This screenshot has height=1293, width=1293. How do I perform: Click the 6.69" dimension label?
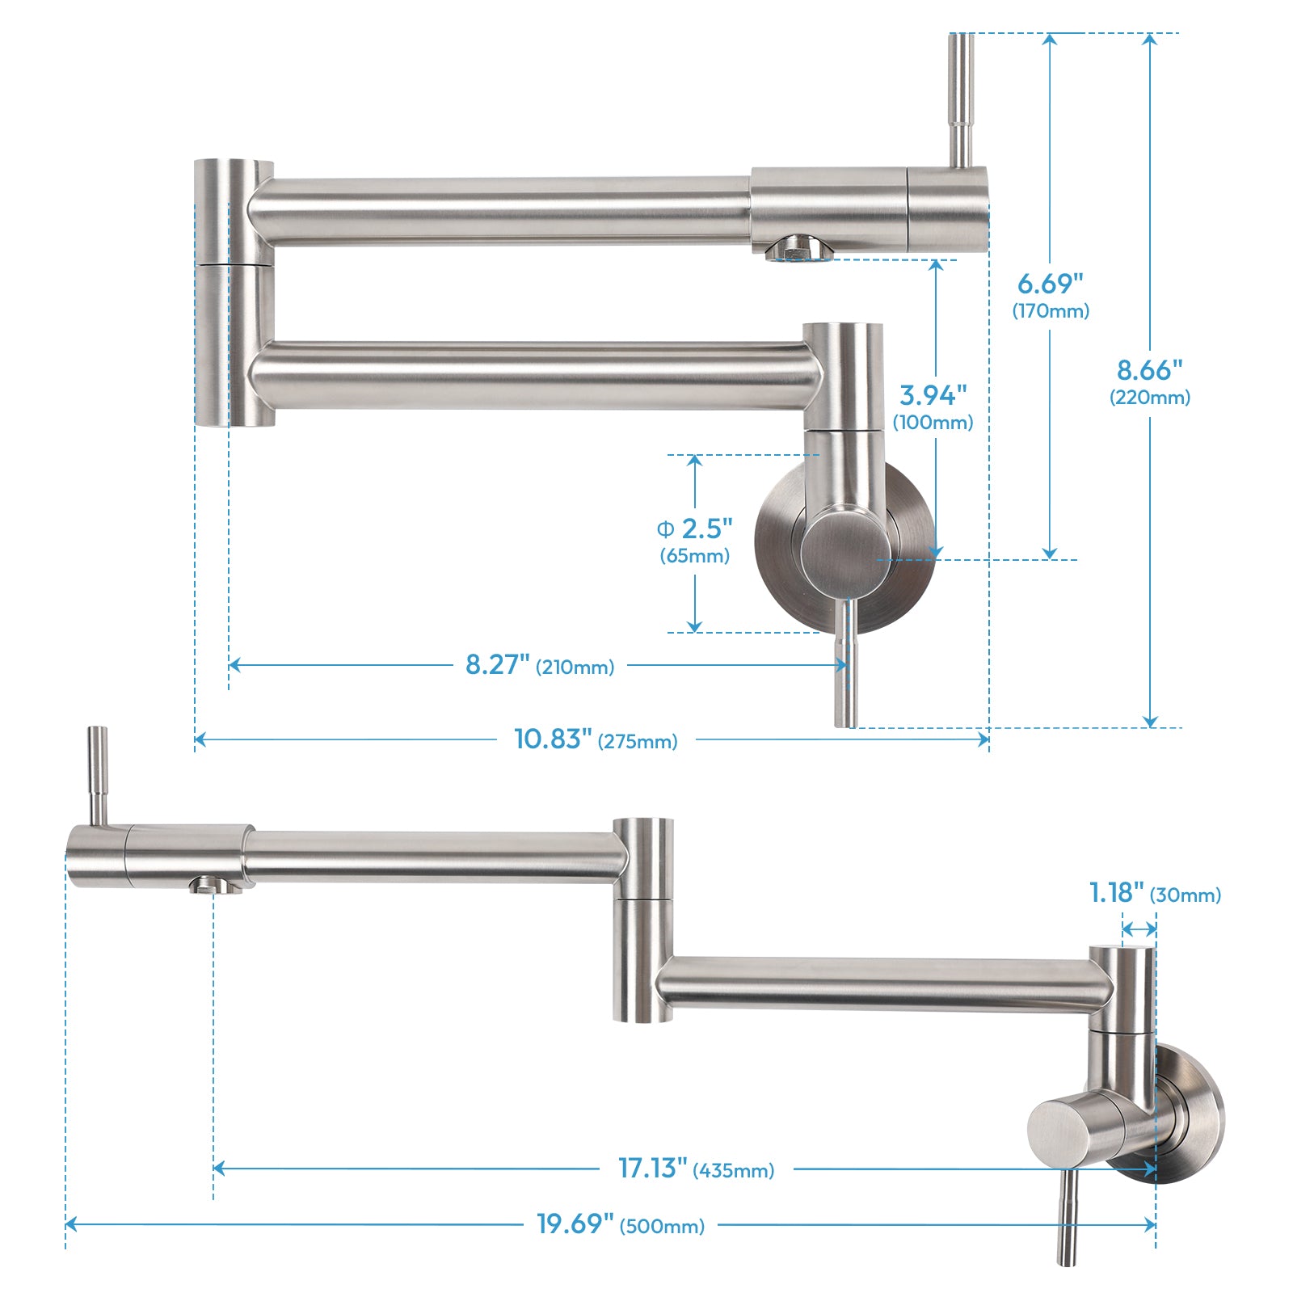point(1050,284)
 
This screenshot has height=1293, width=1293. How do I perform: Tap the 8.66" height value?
point(1149,370)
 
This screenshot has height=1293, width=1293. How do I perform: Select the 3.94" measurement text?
point(933,395)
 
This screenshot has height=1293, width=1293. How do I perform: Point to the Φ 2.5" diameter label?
point(695,529)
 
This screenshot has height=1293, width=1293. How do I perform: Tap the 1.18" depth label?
point(1116,893)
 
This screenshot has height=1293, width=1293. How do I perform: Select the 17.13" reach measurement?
point(652,1168)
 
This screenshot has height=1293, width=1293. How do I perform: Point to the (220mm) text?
point(1149,398)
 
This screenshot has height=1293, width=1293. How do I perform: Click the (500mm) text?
point(662,1227)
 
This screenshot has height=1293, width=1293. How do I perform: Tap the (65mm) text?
point(695,556)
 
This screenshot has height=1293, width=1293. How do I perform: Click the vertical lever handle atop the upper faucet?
point(961,97)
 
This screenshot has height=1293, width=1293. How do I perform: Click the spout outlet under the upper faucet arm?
point(798,249)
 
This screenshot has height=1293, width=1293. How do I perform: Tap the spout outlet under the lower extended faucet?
point(213,885)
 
